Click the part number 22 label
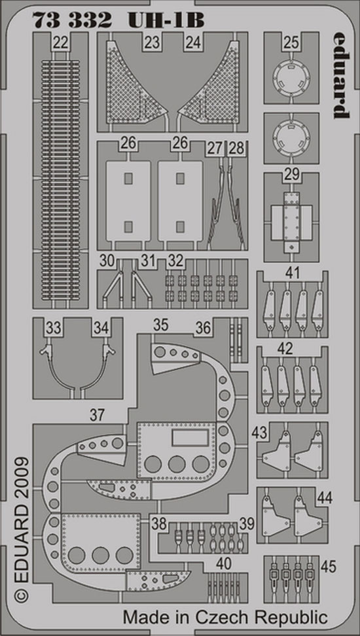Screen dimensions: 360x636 60,43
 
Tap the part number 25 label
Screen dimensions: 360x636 291,42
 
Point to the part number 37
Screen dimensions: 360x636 98,415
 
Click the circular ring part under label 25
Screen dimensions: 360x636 291,77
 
